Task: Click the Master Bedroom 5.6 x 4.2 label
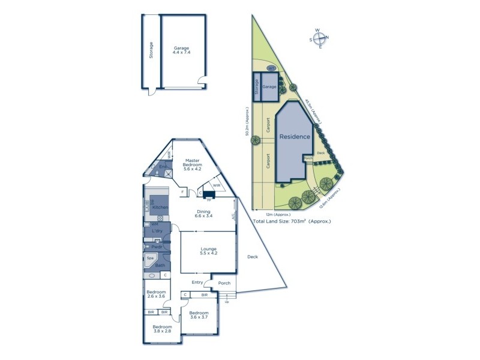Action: tap(192, 164)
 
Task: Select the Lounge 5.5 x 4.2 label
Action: tap(209, 252)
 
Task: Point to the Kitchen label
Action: tap(160, 207)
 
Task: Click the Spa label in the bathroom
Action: tap(149, 258)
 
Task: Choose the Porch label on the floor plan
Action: tap(224, 283)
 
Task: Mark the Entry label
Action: tap(197, 283)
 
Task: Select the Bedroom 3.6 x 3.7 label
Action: tap(198, 316)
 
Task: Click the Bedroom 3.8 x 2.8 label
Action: tap(162, 329)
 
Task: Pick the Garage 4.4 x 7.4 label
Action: tap(181, 50)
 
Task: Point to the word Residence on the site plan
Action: tap(295, 137)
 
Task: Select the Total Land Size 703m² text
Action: tap(292, 221)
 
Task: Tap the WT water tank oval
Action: tap(271, 68)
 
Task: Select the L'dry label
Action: tap(157, 231)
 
